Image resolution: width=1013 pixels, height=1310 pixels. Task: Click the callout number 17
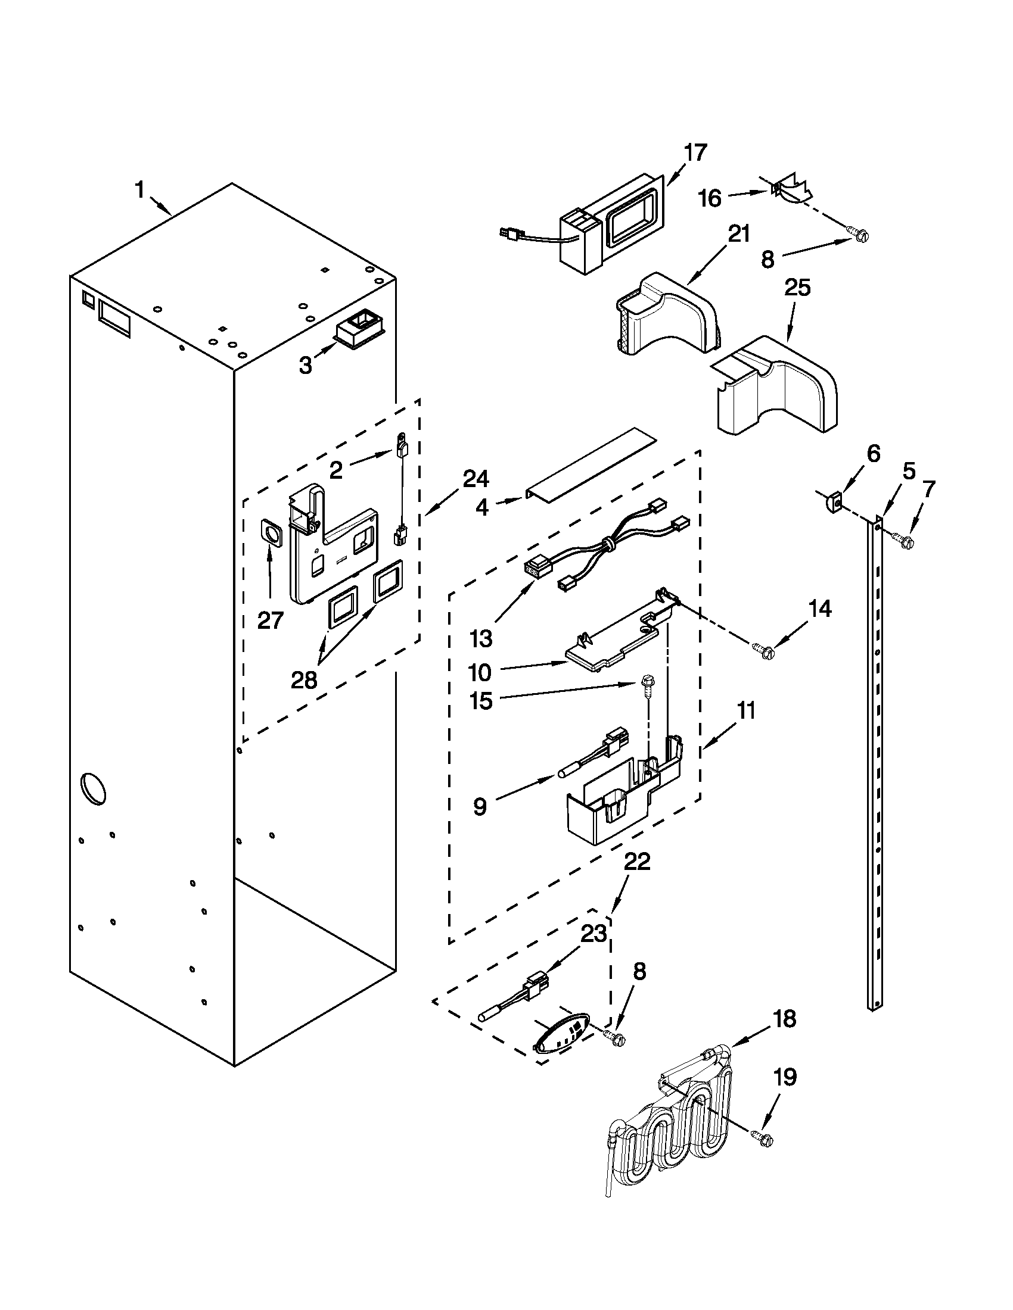pos(695,152)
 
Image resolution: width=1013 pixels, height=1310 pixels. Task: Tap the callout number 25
pos(797,288)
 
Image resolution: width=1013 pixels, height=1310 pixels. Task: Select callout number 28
pos(304,680)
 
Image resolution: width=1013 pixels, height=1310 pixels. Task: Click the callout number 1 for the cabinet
pos(139,191)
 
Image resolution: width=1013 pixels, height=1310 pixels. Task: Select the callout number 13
pos(481,640)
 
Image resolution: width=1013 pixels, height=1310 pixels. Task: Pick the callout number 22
pos(637,863)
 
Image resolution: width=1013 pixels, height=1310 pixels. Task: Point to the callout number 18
pos(784,1018)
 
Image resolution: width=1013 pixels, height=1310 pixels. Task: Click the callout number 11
pos(746,712)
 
